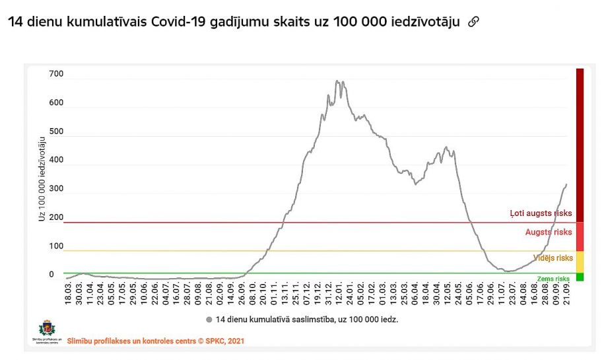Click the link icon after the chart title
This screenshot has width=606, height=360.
(x=473, y=22)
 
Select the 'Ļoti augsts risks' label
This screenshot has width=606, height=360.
(x=541, y=214)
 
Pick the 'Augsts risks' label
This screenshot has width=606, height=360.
(x=549, y=232)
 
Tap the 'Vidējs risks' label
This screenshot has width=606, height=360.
(x=553, y=258)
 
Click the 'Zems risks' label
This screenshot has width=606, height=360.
(x=553, y=279)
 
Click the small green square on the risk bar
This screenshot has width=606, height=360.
(x=580, y=277)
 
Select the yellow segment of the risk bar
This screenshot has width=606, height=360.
(x=580, y=262)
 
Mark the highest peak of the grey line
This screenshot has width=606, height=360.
(x=337, y=81)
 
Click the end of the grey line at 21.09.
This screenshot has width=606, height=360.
(x=566, y=184)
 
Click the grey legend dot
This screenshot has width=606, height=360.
(x=209, y=319)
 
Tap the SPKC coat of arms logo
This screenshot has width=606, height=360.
(x=47, y=328)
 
